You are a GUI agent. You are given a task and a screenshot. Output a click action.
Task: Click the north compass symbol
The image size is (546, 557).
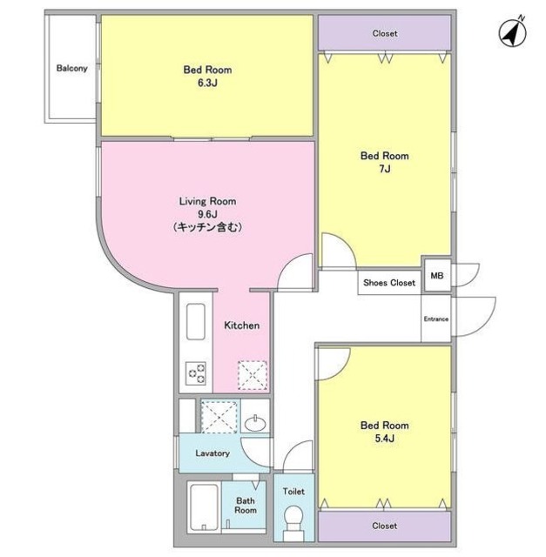(513, 34)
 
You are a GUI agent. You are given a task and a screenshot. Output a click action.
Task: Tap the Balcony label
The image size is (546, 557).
(71, 68)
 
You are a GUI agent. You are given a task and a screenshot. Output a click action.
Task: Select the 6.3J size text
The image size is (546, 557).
(207, 84)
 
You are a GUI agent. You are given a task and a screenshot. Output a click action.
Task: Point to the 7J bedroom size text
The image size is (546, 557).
(385, 169)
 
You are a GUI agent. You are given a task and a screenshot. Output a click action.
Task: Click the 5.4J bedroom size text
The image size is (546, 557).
(385, 439)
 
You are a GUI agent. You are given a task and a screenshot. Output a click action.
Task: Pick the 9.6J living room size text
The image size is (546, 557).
(207, 214)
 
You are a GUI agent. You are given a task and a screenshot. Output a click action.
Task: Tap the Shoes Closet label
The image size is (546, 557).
(389, 283)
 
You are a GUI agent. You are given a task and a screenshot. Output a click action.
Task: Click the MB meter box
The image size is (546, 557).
(437, 276)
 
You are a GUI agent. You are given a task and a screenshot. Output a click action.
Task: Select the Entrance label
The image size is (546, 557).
(436, 319)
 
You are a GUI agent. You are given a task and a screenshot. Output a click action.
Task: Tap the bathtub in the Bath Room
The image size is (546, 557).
(204, 507)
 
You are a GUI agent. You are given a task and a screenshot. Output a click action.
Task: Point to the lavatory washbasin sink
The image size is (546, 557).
(255, 423)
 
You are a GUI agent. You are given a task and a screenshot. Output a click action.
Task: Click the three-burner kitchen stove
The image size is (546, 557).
(196, 373)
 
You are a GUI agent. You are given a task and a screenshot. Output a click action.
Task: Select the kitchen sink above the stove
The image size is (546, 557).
(196, 321)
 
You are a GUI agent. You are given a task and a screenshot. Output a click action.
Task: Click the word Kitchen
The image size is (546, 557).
(242, 325)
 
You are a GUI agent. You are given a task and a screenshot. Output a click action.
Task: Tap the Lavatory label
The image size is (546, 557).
(212, 453)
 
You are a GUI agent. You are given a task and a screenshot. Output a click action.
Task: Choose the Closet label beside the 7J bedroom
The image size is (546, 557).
(385, 33)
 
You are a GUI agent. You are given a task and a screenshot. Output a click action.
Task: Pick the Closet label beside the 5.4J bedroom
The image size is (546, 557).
(385, 526)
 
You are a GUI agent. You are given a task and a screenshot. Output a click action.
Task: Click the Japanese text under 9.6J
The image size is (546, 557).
(207, 227)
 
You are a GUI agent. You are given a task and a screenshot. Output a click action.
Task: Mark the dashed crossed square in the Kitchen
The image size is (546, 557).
(253, 375)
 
